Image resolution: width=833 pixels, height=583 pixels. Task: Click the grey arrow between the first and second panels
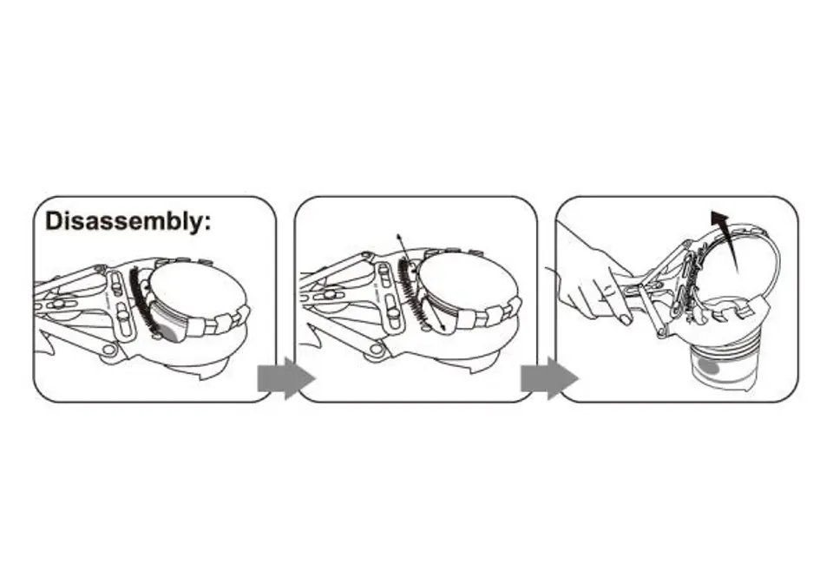coord(285,378)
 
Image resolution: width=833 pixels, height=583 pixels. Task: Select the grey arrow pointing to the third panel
coord(549,378)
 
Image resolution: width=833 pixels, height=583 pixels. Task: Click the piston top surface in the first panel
coord(198,290)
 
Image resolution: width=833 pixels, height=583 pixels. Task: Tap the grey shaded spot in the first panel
coord(170,332)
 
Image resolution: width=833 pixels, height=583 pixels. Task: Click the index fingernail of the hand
coord(625,319)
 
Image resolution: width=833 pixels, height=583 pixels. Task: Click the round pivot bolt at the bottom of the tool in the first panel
coord(110,350)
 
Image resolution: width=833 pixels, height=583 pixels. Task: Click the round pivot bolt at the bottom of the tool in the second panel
coord(377,349)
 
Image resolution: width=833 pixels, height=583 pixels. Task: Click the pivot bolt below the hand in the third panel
coord(662,333)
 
